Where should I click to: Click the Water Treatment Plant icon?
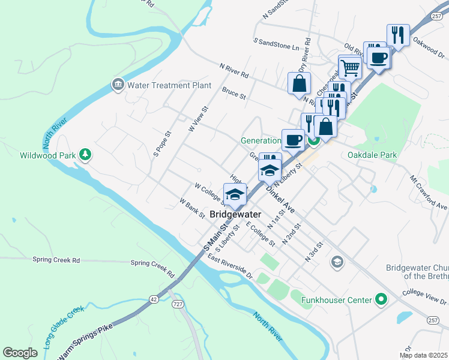point(118,85)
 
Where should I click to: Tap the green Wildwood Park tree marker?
point(86,155)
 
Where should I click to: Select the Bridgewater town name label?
point(235,214)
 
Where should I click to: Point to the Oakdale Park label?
point(372,155)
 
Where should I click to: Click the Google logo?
point(20,353)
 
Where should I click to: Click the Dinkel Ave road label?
point(280,199)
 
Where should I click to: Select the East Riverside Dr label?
point(229,266)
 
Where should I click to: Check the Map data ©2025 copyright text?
point(423,355)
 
